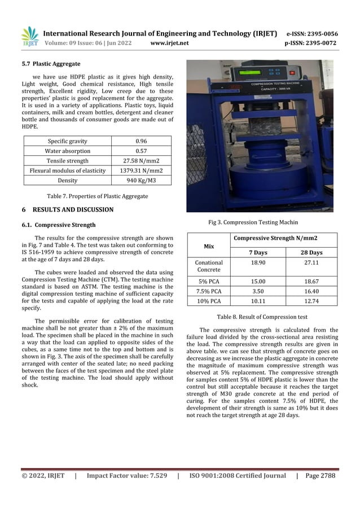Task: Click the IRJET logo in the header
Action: click(30, 37)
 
